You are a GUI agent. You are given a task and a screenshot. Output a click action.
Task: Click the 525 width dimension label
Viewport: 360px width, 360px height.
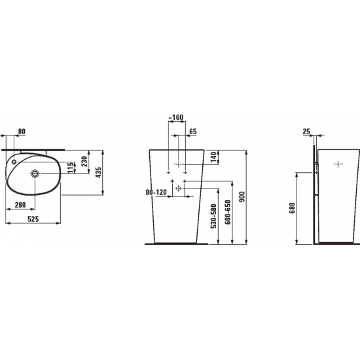(33, 219)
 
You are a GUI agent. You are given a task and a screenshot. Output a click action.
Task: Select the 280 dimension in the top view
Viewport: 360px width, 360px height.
(20, 205)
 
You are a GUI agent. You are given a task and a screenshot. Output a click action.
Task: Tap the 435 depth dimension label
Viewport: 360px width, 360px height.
(98, 172)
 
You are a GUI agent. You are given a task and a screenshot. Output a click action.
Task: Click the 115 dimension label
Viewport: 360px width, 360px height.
(71, 168)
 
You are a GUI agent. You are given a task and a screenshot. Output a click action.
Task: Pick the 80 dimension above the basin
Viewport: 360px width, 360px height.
(22, 132)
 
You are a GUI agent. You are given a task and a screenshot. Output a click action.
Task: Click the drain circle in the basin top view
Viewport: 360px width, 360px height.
(35, 174)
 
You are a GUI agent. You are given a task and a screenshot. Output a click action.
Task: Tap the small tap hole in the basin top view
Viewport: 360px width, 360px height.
(14, 162)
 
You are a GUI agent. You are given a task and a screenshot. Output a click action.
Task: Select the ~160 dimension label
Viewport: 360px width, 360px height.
(176, 117)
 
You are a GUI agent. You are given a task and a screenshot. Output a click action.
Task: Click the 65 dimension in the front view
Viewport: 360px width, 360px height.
(193, 132)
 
